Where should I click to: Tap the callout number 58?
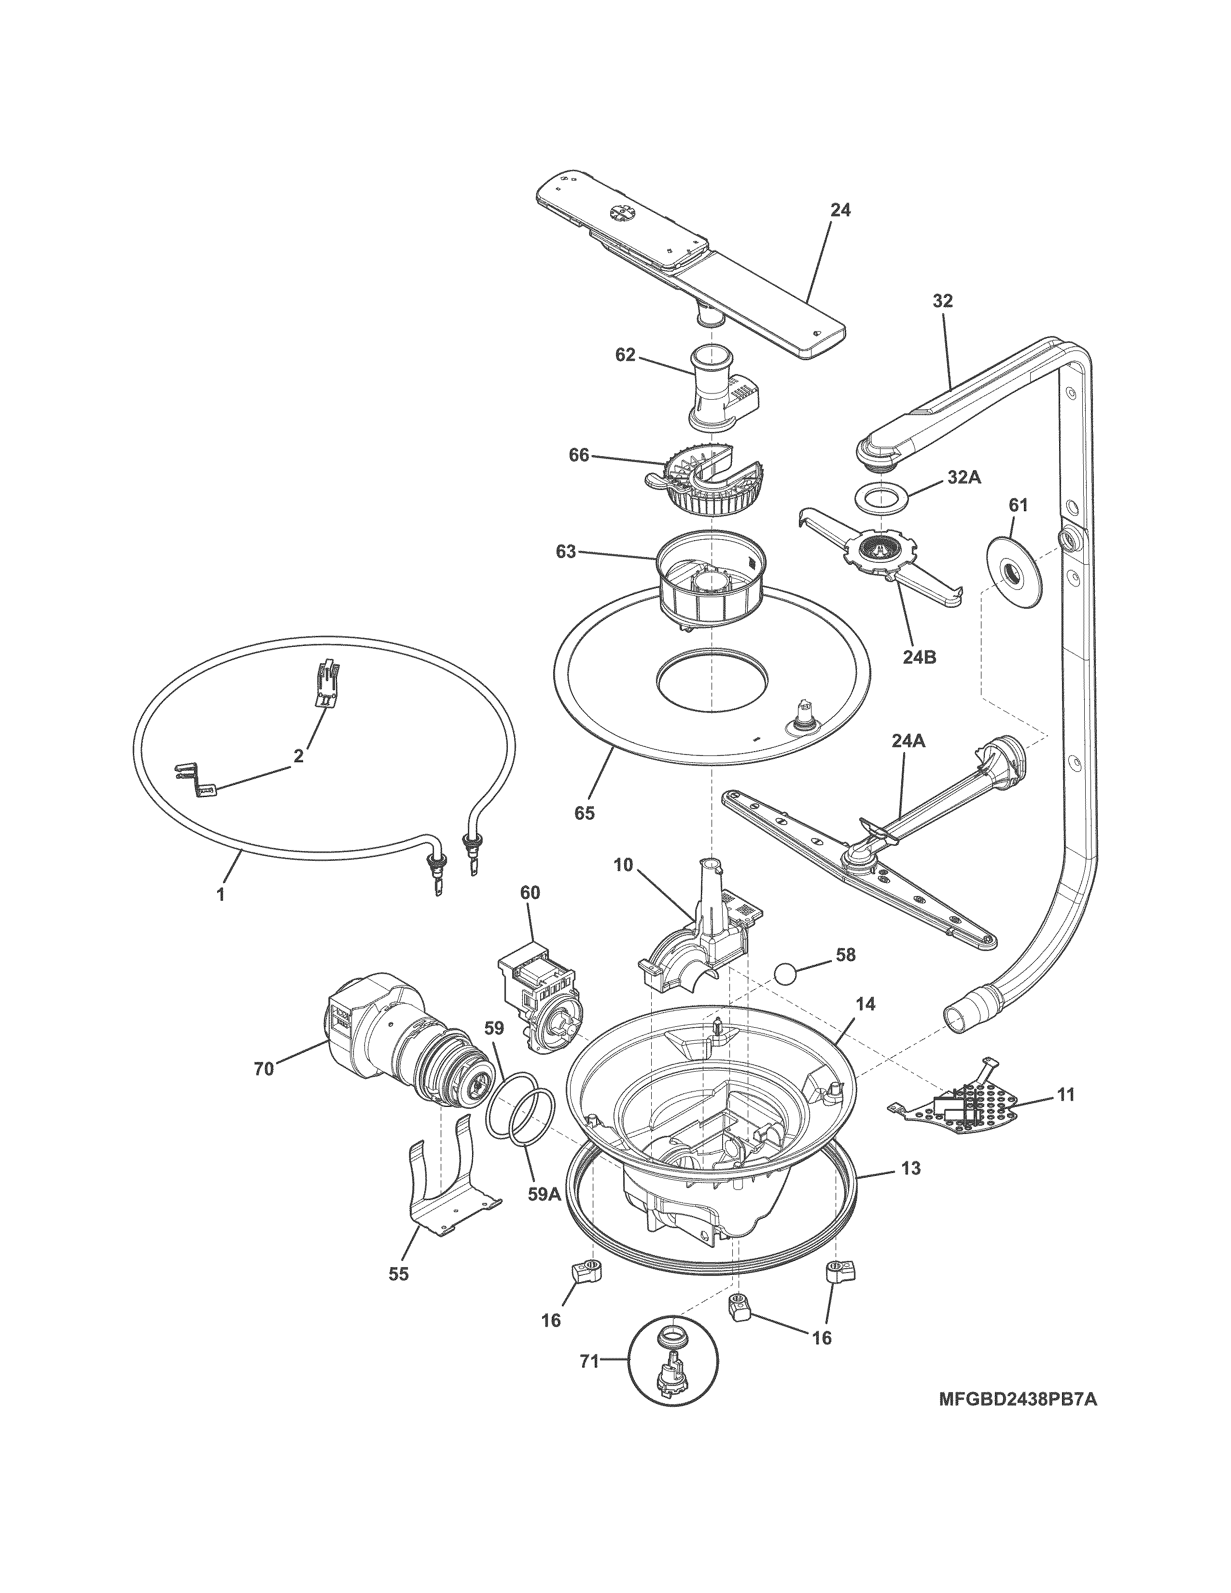845,955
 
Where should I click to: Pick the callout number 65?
584,812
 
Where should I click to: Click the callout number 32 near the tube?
942,301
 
